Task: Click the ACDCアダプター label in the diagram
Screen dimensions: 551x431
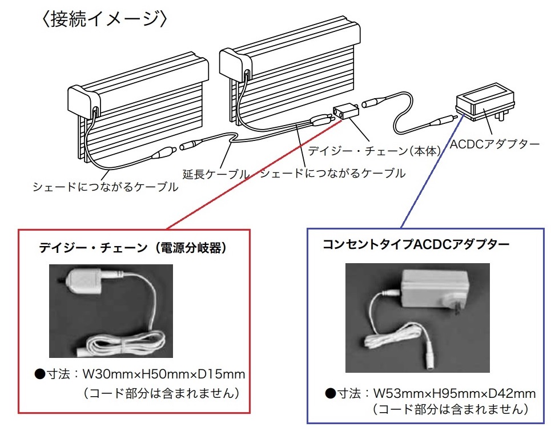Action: [x=494, y=144]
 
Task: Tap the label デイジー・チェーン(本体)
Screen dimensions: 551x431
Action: [x=374, y=151]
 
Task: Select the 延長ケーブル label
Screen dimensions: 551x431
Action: [x=216, y=174]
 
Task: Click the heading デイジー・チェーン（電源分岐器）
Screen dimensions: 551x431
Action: [x=133, y=248]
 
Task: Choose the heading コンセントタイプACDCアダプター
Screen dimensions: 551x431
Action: [x=416, y=244]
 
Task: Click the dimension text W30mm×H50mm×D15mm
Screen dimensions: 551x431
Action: [x=164, y=374]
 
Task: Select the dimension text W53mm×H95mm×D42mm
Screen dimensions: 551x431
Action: [x=455, y=393]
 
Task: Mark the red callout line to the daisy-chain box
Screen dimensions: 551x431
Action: [x=254, y=175]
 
